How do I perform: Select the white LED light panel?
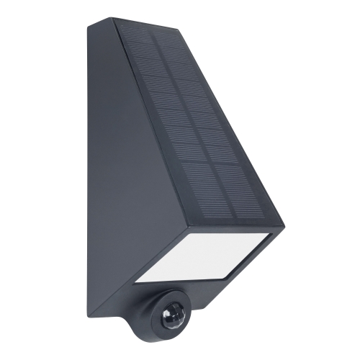(202, 256)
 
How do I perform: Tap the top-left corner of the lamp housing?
(90, 27)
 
